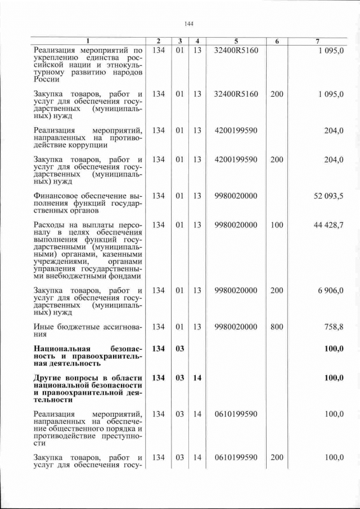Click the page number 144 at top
(188, 24)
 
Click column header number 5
(236, 41)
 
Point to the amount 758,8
(333, 326)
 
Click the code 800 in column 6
(277, 326)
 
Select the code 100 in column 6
(277, 225)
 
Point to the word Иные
(44, 327)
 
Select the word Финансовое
(58, 196)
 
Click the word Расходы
(50, 226)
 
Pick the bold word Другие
(48, 377)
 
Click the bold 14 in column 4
(197, 377)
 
